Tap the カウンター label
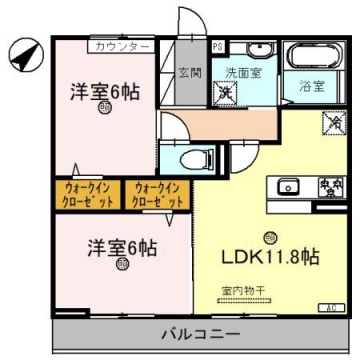coord(121,46)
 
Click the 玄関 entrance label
coord(190,73)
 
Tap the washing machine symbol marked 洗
coord(227,93)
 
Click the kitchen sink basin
coord(290,186)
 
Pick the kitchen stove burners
coord(329,186)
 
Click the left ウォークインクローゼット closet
coord(86,193)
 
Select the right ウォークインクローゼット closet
coord(155,193)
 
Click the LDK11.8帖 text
coord(270,256)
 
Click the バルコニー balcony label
coord(197,331)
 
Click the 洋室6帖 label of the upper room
coord(104,91)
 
